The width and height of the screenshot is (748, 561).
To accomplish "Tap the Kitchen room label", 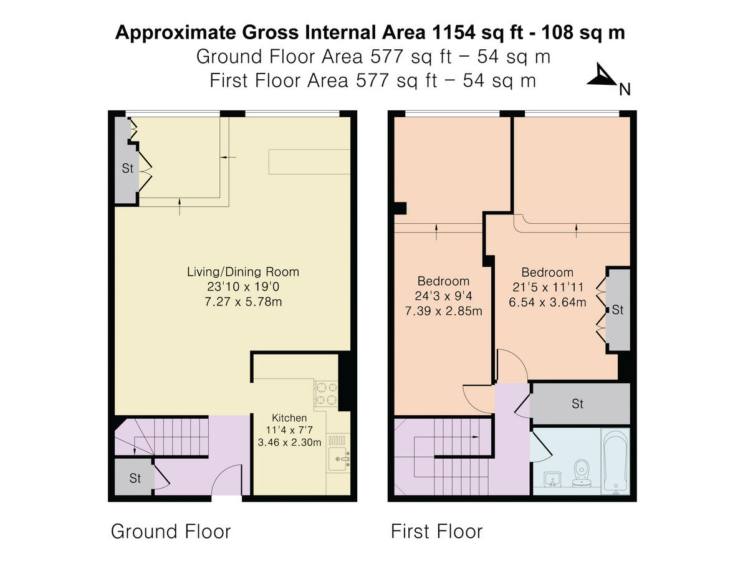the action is coord(289,418).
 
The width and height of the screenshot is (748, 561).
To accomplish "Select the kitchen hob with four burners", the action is coord(326,393).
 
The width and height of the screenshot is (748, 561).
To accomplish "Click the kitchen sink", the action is coord(338,459).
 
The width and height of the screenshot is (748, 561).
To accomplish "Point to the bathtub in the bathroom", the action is coord(615,461).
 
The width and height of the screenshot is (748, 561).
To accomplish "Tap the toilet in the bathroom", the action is coord(582,474).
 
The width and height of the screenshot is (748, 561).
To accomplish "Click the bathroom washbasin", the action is coord(552,479).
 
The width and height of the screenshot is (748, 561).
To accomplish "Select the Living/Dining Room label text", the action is coord(243,272).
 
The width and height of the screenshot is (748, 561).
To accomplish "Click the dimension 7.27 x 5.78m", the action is coord(243,302).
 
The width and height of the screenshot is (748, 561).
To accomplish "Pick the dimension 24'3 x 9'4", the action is coord(443,296).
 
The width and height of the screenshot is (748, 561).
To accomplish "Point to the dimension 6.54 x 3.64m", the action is coord(547,302).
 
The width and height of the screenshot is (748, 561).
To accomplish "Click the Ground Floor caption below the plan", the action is coord(171,531).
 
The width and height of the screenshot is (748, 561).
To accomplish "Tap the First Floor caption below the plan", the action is coord(436,531).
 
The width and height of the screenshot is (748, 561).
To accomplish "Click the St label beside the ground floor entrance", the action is coord(135,478).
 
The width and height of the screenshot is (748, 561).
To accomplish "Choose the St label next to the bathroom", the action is coord(578,404).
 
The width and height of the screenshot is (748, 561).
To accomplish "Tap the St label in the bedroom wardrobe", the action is coord(618,310).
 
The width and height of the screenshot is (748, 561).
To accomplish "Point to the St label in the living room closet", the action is coord(127,168).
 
